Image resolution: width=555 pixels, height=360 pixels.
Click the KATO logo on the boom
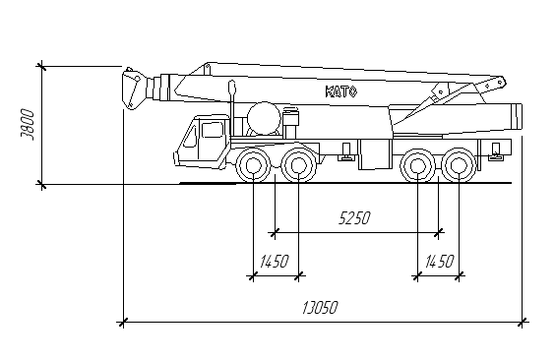341,91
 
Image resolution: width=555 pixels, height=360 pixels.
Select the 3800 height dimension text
28,125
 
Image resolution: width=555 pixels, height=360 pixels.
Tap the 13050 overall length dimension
321,308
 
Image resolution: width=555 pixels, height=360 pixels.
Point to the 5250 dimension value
354,217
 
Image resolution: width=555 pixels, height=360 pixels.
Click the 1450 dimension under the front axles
275,262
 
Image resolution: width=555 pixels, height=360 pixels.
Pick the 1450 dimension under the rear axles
439,262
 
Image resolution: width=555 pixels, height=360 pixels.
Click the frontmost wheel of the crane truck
253,165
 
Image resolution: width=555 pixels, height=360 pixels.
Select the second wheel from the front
299,165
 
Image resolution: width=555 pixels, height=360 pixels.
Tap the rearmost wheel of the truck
460,165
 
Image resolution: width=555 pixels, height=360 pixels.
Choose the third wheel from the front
417,165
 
